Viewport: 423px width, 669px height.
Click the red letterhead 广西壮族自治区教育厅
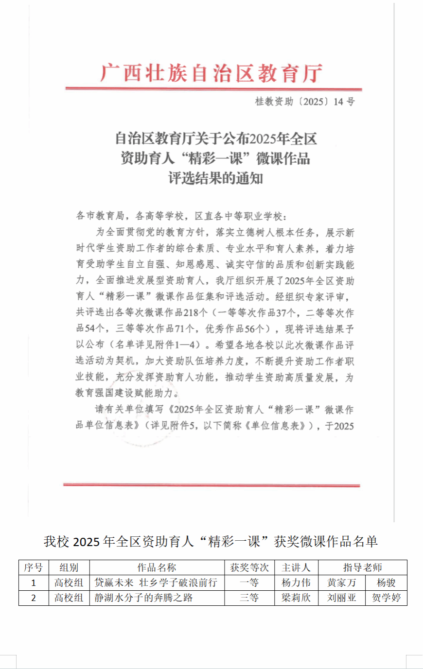tap(211, 73)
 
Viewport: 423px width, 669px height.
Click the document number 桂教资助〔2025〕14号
tap(305, 102)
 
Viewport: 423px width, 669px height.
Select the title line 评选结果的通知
tap(215, 178)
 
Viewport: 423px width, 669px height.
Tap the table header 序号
tap(34, 567)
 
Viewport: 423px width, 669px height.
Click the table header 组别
tap(69, 567)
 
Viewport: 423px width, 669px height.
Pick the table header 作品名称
tap(157, 567)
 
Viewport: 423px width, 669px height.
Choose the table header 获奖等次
tap(249, 567)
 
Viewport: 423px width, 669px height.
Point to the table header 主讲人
tap(296, 567)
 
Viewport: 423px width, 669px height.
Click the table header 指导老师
tap(362, 567)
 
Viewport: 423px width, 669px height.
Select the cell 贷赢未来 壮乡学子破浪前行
tap(156, 583)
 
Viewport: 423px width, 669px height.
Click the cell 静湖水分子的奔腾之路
tap(143, 598)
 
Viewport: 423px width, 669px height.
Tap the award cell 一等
tap(249, 583)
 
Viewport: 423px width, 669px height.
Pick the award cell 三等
tap(249, 598)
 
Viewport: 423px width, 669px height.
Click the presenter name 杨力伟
tap(296, 583)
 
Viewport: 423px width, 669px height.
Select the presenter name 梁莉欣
tap(296, 598)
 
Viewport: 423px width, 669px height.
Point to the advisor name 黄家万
tap(341, 583)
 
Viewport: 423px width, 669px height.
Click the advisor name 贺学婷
tap(386, 598)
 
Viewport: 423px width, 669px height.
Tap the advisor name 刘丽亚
tap(341, 598)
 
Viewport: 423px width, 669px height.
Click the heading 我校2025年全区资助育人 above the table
tap(211, 541)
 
